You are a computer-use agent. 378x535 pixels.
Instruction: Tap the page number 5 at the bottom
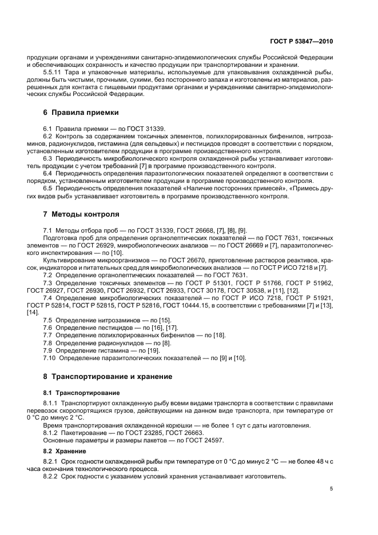pyautogui.click(x=331, y=488)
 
